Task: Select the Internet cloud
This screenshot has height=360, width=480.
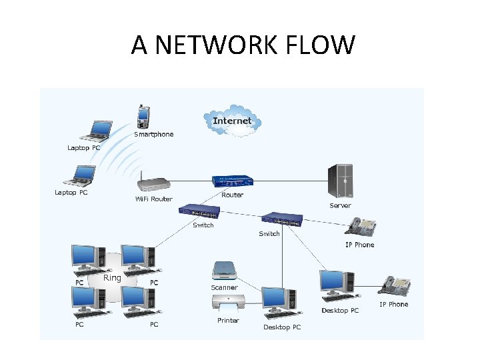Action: point(233,121)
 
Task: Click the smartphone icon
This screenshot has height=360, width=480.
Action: point(143,117)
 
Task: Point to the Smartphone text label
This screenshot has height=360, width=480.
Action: point(153,134)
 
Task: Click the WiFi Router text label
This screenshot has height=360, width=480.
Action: point(153,199)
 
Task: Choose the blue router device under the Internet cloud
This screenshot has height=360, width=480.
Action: point(233,181)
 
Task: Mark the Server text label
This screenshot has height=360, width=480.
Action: point(340,205)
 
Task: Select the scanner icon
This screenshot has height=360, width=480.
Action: point(224,270)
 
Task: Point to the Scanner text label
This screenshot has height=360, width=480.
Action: point(224,287)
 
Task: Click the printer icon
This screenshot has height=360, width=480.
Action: point(228,303)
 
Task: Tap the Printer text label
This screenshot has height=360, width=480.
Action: point(228,321)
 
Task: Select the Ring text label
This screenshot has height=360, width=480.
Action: point(113,277)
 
